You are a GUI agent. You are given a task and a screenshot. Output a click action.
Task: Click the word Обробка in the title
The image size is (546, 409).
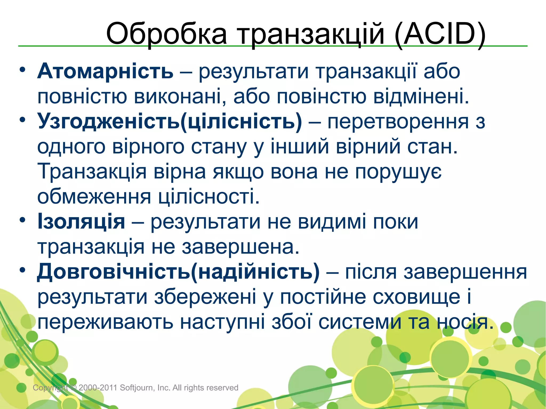point(166,34)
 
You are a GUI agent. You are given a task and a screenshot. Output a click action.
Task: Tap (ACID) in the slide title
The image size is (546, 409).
point(440,34)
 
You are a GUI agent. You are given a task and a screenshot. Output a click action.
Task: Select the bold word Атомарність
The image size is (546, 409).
point(105,71)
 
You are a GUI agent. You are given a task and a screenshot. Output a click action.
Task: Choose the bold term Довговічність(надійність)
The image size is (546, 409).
point(178,272)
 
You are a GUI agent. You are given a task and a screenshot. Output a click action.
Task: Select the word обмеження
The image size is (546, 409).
point(94,197)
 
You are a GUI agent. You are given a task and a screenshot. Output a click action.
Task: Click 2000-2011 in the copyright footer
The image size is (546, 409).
point(98,387)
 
